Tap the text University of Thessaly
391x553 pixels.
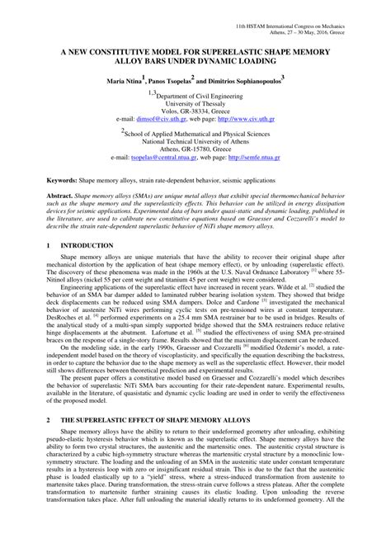[x=195, y=104]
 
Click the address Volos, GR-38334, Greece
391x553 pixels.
[x=195, y=111]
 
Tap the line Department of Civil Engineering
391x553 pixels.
[x=198, y=96]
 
